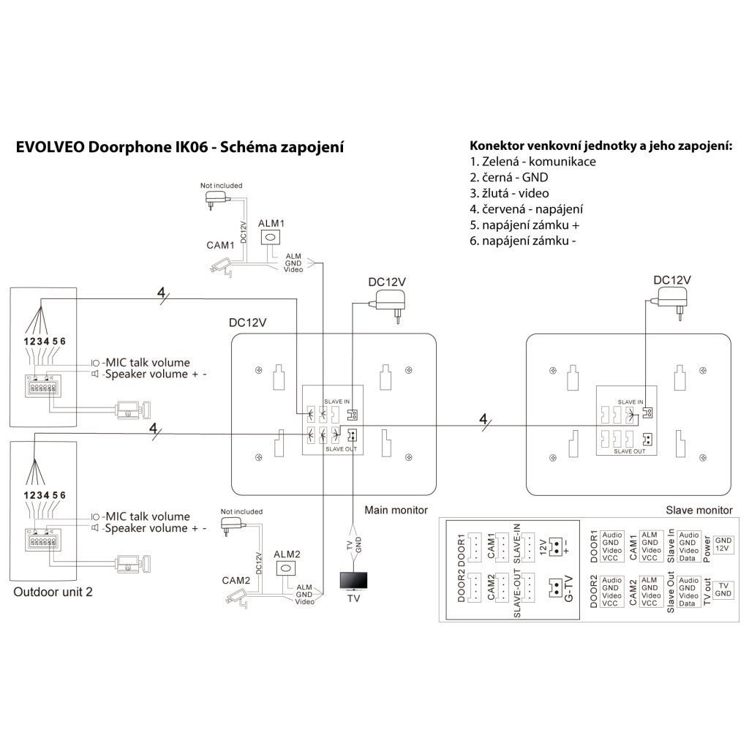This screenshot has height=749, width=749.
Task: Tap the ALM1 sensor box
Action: pos(272,238)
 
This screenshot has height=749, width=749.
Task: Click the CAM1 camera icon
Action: pos(219,265)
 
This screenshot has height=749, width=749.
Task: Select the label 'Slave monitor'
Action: pos(699,510)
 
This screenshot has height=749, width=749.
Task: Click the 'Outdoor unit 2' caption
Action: pos(53,592)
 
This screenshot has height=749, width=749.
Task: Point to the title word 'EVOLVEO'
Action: pos(50,147)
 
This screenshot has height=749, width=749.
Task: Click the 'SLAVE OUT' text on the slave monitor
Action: pos(629,452)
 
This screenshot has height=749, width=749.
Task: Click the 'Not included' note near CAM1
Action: pos(221,186)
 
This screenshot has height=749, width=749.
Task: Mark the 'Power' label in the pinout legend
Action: pos(707,545)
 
